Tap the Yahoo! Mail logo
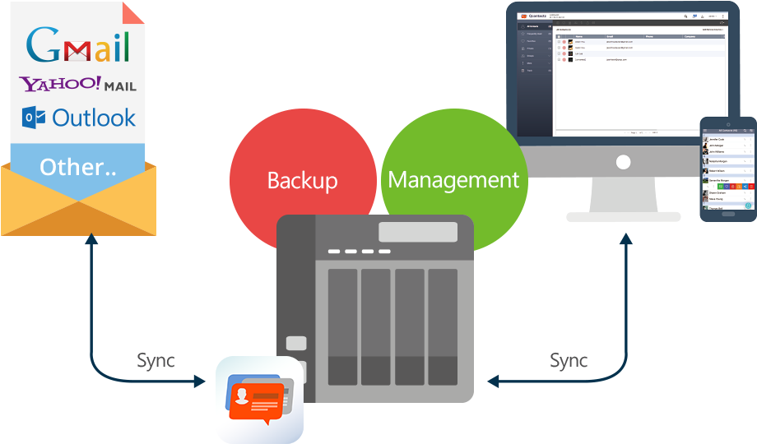(78, 84)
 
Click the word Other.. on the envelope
(78, 167)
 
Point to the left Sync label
(156, 360)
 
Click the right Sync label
(569, 360)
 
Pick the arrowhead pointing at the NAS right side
(493, 382)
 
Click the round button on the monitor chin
(623, 162)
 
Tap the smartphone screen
(728, 169)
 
